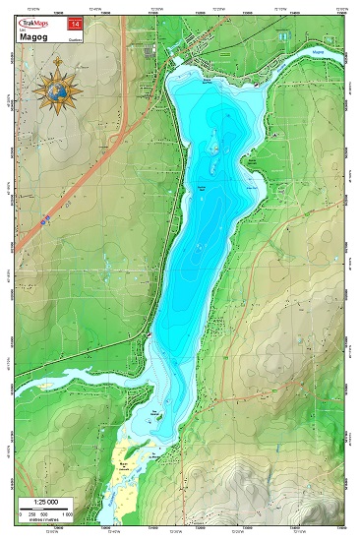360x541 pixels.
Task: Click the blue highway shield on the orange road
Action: pyautogui.click(x=45, y=223)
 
